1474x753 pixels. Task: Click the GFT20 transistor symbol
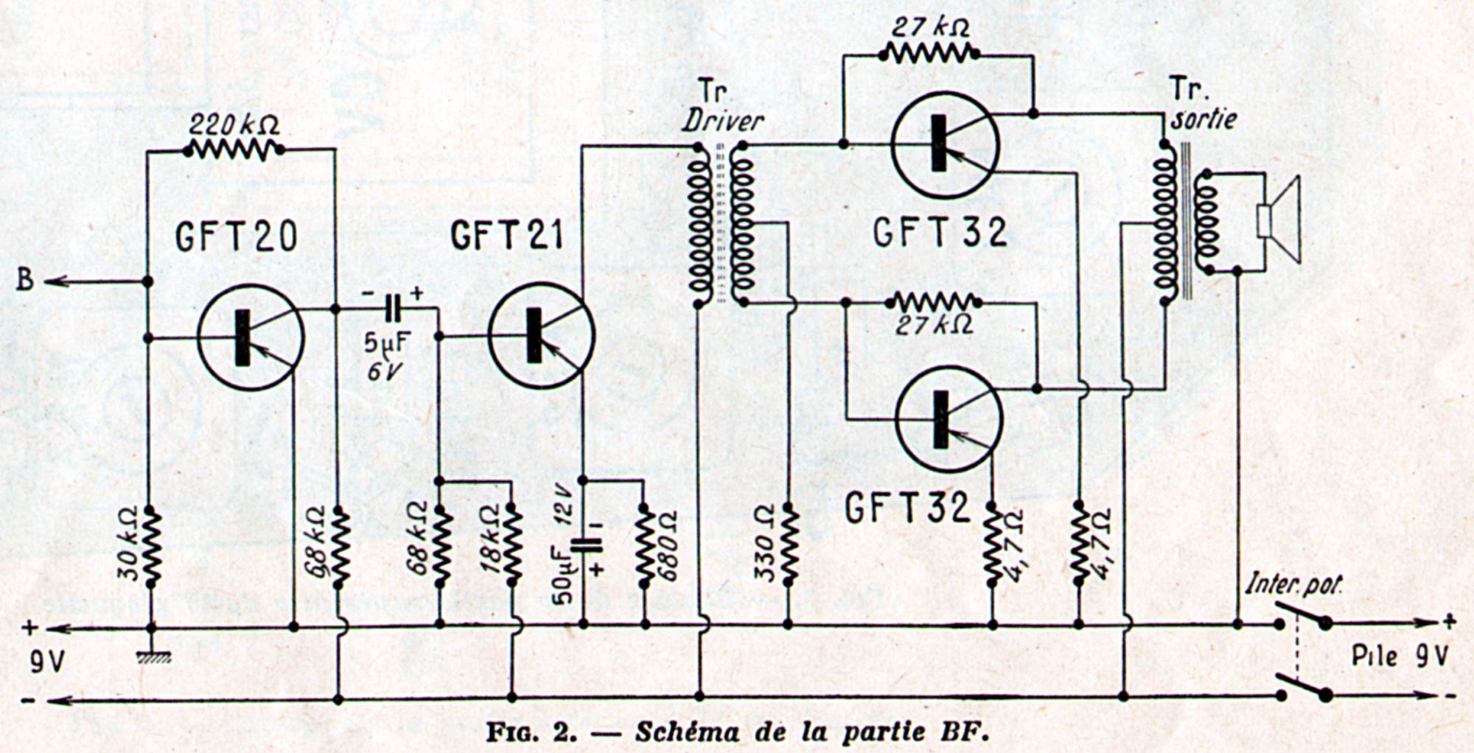(x=251, y=337)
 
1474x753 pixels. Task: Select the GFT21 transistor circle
(x=541, y=336)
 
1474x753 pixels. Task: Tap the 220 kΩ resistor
(x=234, y=150)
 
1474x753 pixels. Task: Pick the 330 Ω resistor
(x=788, y=545)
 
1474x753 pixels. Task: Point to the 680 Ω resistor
(x=646, y=545)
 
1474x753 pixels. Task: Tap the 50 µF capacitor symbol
(x=584, y=546)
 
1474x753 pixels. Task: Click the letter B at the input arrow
(x=25, y=281)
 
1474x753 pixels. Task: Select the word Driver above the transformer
(x=722, y=121)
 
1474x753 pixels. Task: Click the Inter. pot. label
(x=1293, y=586)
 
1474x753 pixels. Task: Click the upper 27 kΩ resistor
(x=931, y=52)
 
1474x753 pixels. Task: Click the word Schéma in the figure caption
(x=686, y=732)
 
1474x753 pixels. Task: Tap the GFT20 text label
(x=236, y=237)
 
